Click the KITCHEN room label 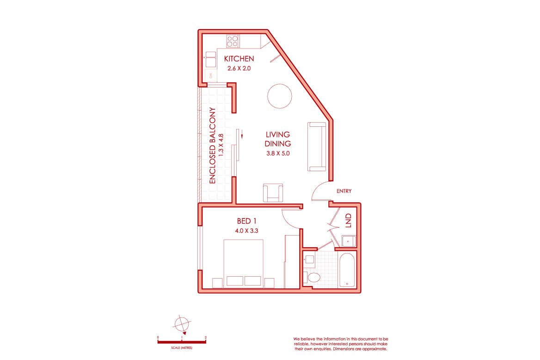(239, 59)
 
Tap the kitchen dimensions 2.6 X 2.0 (239, 68)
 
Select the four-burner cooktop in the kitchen (233, 41)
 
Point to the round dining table (280, 96)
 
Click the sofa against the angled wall (317, 146)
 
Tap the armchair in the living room (273, 192)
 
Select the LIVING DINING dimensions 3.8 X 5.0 (277, 154)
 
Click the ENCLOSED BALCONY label (213, 146)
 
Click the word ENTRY (344, 191)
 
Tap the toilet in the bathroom (314, 277)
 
